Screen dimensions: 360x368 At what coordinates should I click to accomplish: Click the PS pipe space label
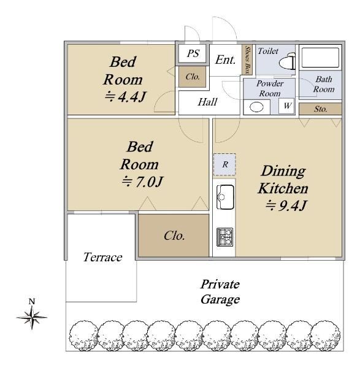pos(193,53)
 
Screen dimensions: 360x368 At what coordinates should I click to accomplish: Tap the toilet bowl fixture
pos(287,61)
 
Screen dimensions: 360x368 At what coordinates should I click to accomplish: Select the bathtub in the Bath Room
pos(320,58)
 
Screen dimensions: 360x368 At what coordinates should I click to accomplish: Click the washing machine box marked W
pos(286,105)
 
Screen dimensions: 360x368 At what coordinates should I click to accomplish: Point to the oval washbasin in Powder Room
pos(256,107)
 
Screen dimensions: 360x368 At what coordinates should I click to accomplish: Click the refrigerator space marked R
pos(224,164)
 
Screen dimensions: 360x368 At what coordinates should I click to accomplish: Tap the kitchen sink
pos(225,197)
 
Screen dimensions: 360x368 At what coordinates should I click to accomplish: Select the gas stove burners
pos(225,237)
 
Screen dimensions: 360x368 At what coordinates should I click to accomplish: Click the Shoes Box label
pos(247,60)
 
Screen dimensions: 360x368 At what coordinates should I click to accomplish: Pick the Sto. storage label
pos(321,109)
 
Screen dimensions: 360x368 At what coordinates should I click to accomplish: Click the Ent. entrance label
pos(226,60)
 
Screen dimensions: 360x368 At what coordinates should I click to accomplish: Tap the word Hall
pos(207,102)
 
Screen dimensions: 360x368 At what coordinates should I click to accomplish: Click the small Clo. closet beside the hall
pos(193,77)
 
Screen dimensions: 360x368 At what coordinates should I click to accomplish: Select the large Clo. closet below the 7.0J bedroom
pos(174,236)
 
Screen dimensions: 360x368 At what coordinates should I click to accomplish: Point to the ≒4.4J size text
pos(125,96)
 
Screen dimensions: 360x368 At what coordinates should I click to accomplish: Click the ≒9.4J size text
pos(286,205)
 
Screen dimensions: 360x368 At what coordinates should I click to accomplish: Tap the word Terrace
pos(102,257)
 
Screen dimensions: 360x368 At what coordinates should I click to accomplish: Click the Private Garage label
pos(220,292)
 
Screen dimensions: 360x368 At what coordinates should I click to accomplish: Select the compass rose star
pos(32,317)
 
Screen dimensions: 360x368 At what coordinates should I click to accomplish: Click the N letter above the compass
pos(32,301)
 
